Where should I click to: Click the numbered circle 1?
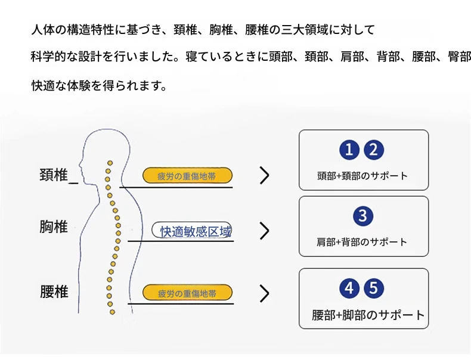pyautogui.click(x=350, y=150)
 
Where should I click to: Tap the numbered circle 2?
pyautogui.click(x=374, y=150)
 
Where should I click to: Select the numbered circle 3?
pyautogui.click(x=363, y=216)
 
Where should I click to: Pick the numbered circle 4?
pyautogui.click(x=350, y=288)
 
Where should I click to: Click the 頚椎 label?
pyautogui.click(x=54, y=175)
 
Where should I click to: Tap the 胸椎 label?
pyautogui.click(x=54, y=227)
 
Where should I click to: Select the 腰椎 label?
pyautogui.click(x=54, y=292)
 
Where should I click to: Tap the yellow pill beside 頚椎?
pyautogui.click(x=187, y=176)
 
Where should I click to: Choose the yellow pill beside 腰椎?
pyautogui.click(x=187, y=293)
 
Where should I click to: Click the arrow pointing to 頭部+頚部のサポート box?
pyautogui.click(x=265, y=175)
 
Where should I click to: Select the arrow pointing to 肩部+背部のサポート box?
pyautogui.click(x=265, y=231)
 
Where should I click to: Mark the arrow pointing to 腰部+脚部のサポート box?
pyautogui.click(x=265, y=293)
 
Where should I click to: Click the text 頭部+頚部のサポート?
pyautogui.click(x=362, y=176)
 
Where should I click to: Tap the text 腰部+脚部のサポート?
pyautogui.click(x=368, y=315)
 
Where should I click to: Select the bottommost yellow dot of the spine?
pyautogui.click(x=110, y=311)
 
